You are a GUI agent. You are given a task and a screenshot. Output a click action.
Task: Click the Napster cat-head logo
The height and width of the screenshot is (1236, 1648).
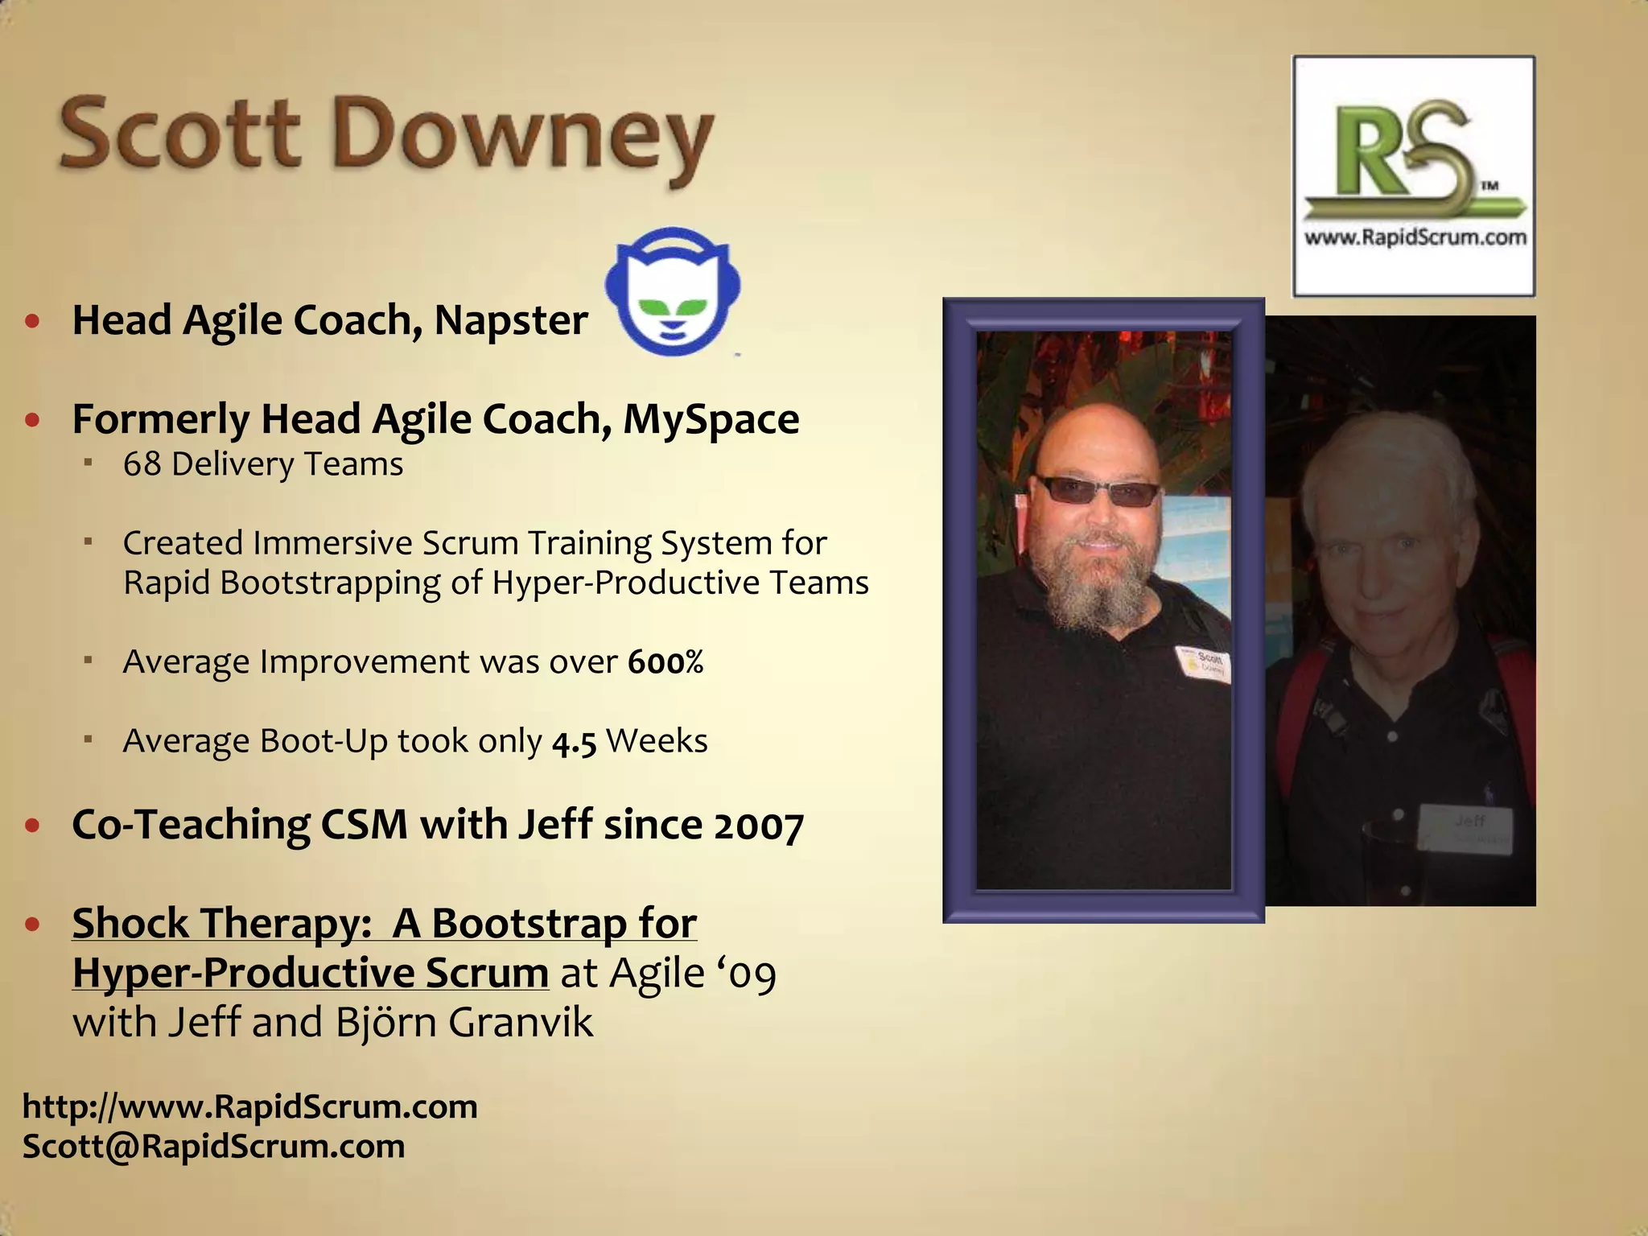(x=672, y=294)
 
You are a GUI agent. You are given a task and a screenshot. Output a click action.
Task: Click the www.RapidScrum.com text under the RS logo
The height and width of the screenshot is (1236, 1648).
(x=1415, y=237)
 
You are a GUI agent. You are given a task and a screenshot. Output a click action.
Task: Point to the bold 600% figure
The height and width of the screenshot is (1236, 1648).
(x=665, y=662)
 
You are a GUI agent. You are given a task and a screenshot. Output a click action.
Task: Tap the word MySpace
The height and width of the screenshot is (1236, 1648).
(x=711, y=419)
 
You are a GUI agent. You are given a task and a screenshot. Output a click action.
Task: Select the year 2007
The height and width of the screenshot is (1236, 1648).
(x=758, y=826)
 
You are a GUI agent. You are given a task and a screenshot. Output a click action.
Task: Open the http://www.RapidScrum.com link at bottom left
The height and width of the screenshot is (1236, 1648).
(x=249, y=1107)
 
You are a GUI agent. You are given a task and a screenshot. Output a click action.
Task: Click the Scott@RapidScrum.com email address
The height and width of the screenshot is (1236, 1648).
(x=214, y=1147)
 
